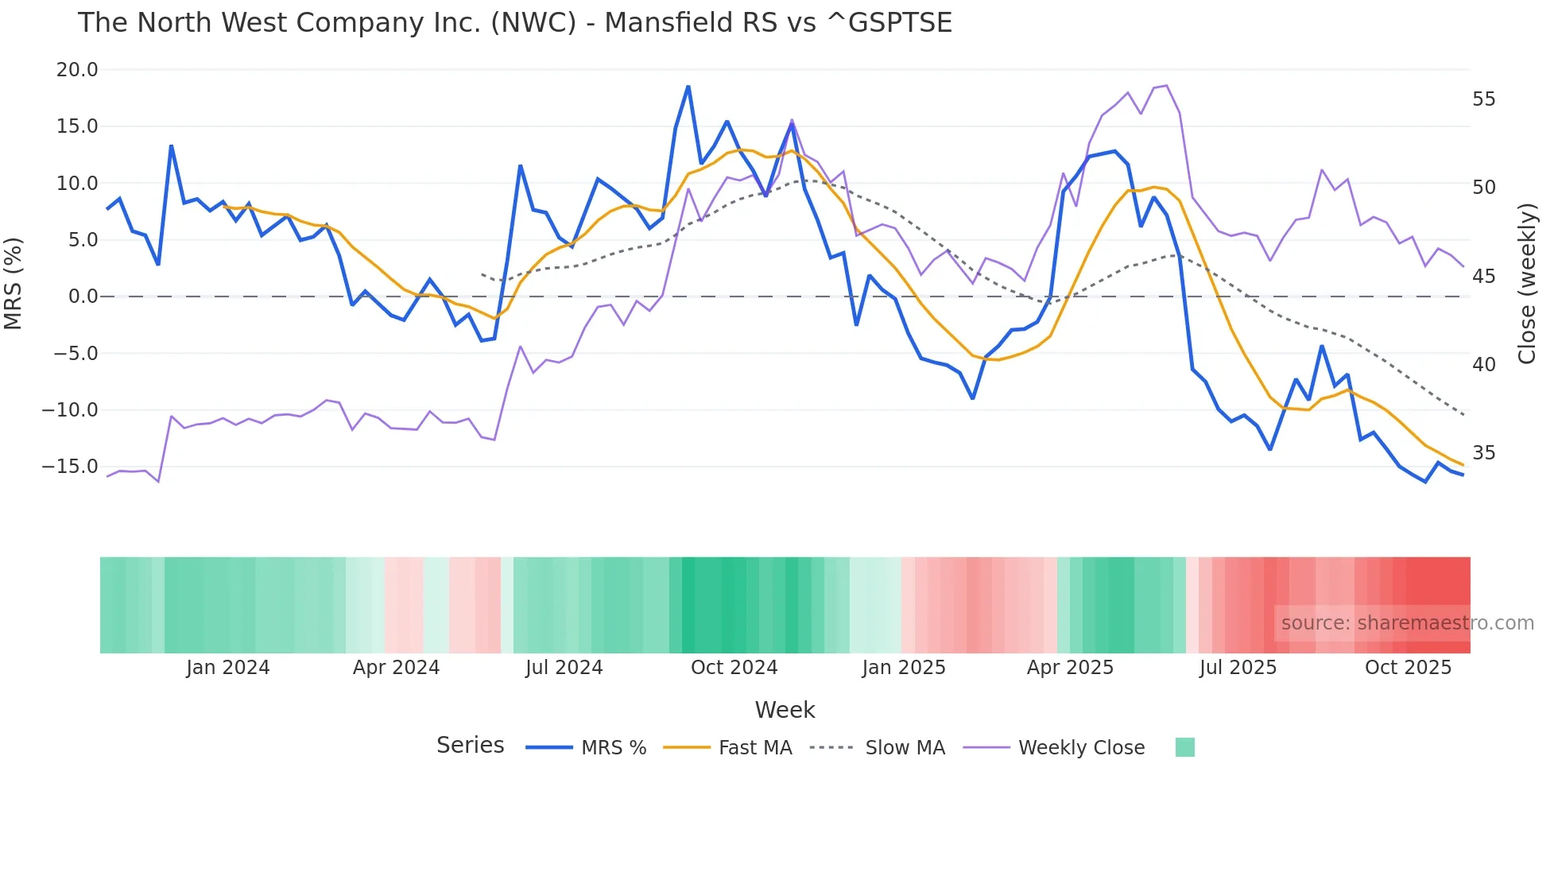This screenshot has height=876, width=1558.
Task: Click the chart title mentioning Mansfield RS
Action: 514,23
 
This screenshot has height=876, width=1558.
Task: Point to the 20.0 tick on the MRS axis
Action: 77,70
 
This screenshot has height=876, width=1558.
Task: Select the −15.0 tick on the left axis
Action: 70,467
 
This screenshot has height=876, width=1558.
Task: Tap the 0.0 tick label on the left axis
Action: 83,297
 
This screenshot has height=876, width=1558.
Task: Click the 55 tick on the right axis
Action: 1483,99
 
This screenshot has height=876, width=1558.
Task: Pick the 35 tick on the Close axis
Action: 1483,453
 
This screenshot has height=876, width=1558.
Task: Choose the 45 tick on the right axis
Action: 1483,277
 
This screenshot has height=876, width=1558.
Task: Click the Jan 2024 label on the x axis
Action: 228,668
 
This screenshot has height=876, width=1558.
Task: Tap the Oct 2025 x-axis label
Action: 1408,668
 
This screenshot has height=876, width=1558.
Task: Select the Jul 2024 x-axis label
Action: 564,668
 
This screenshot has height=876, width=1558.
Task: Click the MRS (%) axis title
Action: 14,284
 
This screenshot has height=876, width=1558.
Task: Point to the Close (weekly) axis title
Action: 1526,284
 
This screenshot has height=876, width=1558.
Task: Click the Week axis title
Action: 785,710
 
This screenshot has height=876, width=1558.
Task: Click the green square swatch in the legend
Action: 1184,747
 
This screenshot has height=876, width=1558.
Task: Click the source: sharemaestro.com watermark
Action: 1407,623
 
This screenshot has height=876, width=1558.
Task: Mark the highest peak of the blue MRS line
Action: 688,86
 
